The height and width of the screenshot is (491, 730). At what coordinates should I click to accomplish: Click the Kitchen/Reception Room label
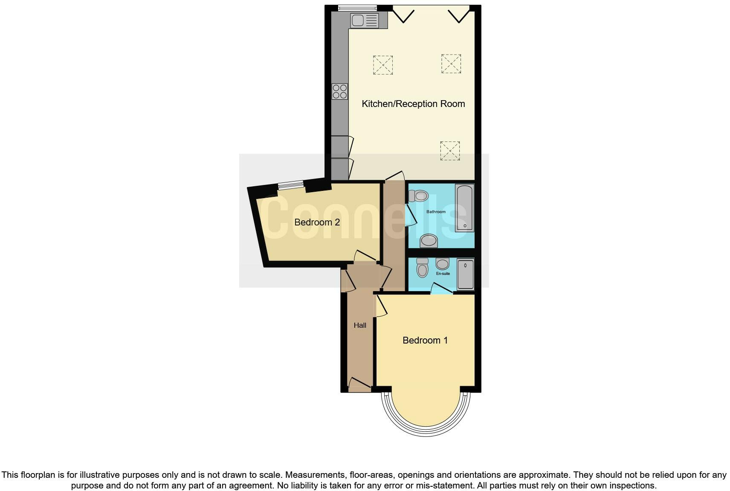pyautogui.click(x=413, y=104)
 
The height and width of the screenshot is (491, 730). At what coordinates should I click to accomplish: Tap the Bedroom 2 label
pyautogui.click(x=317, y=222)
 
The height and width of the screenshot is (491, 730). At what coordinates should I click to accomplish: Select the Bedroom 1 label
pyautogui.click(x=425, y=341)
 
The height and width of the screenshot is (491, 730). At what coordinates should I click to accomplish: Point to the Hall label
pyautogui.click(x=360, y=326)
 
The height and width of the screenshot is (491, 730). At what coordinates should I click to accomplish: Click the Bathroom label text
pyautogui.click(x=436, y=212)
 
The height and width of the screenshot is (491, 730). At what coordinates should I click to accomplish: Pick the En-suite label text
pyautogui.click(x=443, y=274)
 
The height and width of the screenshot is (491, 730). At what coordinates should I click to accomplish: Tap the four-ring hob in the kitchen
pyautogui.click(x=340, y=92)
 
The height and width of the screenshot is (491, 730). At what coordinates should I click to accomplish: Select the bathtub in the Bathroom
pyautogui.click(x=464, y=208)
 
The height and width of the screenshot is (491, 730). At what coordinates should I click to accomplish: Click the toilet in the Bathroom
pyautogui.click(x=419, y=196)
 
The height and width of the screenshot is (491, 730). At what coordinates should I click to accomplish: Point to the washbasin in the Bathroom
pyautogui.click(x=429, y=241)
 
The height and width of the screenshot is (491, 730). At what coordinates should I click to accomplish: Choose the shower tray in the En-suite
pyautogui.click(x=465, y=274)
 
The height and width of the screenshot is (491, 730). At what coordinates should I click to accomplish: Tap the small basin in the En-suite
pyautogui.click(x=443, y=263)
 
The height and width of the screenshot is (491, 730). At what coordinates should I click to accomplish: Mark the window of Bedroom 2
pyautogui.click(x=291, y=185)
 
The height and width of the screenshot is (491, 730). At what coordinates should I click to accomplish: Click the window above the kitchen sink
pyautogui.click(x=357, y=8)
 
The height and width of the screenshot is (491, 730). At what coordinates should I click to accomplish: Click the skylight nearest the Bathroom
pyautogui.click(x=450, y=151)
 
